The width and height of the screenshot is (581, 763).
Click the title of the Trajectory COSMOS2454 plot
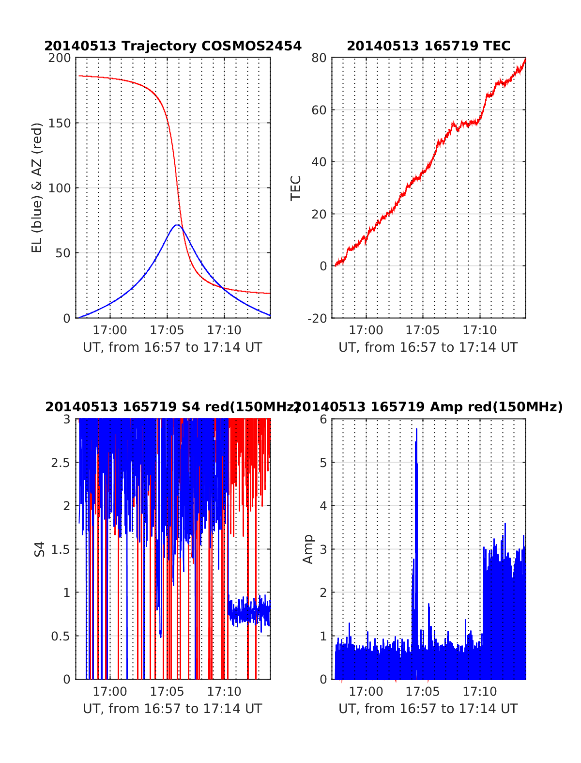(173, 46)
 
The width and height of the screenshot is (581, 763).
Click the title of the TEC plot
(428, 46)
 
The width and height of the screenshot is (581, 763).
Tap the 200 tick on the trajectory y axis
(60, 58)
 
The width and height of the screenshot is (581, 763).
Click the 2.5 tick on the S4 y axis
(61, 463)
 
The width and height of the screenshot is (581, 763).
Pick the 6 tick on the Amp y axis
(323, 420)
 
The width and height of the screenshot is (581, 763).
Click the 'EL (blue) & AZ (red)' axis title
(37, 187)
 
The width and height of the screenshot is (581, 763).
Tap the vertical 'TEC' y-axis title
(296, 188)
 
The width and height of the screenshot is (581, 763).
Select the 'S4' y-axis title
(40, 549)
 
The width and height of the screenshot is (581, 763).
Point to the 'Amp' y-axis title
(308, 549)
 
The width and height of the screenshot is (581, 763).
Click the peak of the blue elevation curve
(177, 225)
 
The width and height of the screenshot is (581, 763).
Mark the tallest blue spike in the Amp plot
(416, 429)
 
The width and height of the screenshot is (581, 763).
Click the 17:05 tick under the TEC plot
(423, 330)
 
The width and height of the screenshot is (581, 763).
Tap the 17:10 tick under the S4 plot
(224, 692)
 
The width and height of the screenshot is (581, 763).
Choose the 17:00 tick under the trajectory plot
(110, 330)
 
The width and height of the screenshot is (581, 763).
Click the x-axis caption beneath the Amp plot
(428, 709)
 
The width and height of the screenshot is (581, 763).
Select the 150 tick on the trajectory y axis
(60, 123)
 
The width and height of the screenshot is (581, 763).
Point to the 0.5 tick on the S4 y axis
(61, 636)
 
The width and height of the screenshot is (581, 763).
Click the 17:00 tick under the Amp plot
(366, 692)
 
